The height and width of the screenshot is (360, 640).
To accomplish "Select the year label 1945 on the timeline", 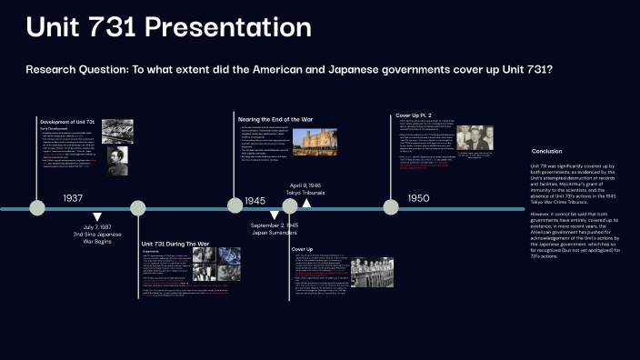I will [255, 200].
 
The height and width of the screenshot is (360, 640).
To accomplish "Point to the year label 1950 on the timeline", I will [418, 197].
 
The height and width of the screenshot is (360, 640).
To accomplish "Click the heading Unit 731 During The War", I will [175, 245].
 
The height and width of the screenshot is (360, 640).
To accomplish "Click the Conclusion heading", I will [547, 151].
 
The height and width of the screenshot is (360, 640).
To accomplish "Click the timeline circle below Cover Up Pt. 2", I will [391, 207].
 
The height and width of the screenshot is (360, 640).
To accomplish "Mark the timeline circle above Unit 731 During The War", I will [138, 208].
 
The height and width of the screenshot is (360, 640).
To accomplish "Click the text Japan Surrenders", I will [275, 233].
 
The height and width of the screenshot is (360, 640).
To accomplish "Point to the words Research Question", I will [64, 70].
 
